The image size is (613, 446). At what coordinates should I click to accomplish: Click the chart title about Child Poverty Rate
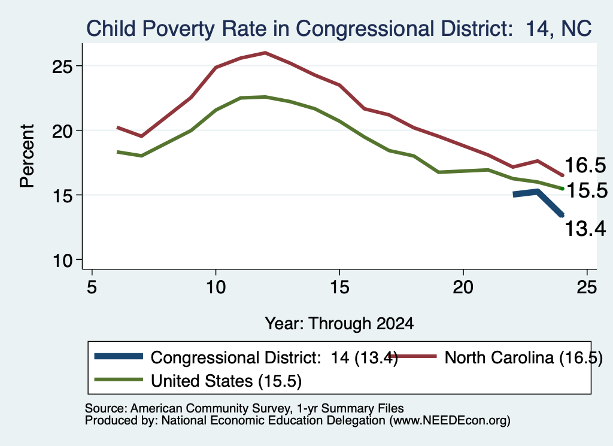point(339,29)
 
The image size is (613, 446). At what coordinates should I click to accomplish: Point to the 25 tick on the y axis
point(62,66)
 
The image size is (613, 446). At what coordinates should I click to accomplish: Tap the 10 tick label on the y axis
point(62,260)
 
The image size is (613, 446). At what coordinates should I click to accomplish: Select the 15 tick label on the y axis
point(62,195)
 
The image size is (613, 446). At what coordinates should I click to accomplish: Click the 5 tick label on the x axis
point(92,287)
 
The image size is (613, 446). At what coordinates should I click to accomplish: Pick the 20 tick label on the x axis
point(463,287)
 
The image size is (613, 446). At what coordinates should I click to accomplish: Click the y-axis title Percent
point(28,156)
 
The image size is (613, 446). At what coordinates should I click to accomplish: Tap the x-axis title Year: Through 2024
point(339,324)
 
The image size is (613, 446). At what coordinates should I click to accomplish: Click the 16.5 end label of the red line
point(585,165)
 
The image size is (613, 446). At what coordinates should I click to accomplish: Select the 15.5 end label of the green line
point(587,190)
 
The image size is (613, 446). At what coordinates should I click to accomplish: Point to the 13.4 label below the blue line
point(585,228)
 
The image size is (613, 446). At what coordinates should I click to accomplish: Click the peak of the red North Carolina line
point(265,52)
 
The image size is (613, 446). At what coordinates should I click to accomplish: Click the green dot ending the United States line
point(563,189)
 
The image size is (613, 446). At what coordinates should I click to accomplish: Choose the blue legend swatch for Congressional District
point(119,356)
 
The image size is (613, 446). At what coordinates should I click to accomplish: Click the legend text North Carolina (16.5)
point(523,357)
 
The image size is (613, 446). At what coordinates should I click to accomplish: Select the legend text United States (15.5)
point(226,381)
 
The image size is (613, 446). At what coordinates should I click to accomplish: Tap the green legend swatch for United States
point(119,380)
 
